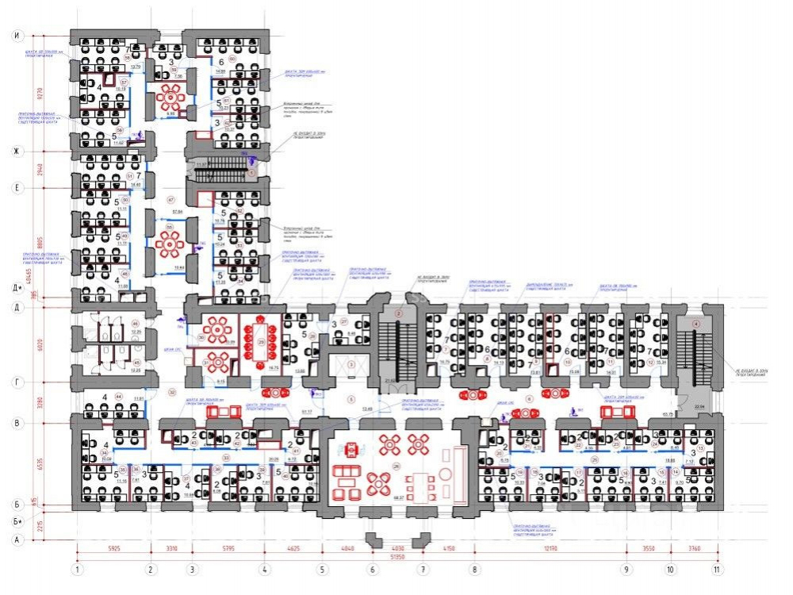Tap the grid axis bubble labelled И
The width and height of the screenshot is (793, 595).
pyautogui.click(x=15, y=36)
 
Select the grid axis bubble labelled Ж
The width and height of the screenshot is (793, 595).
pyautogui.click(x=15, y=150)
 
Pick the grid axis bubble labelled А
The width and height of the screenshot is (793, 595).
pyautogui.click(x=15, y=539)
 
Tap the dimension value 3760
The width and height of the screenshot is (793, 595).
pyautogui.click(x=694, y=547)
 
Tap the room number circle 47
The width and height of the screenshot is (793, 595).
pyautogui.click(x=170, y=200)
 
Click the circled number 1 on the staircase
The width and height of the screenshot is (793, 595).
pyautogui.click(x=252, y=171)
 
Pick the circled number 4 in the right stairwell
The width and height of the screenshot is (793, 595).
pyautogui.click(x=696, y=324)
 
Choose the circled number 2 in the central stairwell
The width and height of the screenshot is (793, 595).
pyautogui.click(x=400, y=314)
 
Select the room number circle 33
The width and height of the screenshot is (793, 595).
pyautogui.click(x=226, y=458)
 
